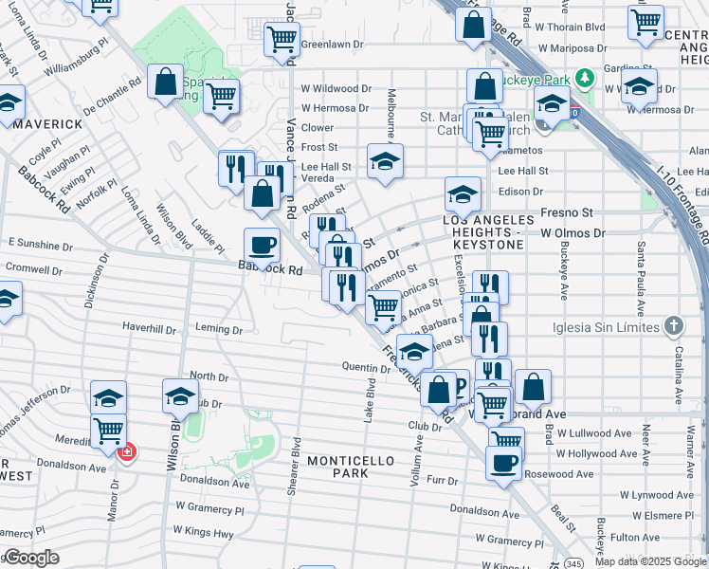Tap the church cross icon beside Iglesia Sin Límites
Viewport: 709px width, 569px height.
coord(673,326)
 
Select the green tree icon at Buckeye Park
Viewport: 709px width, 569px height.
coord(586,75)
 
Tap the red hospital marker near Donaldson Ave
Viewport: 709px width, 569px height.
coord(124,453)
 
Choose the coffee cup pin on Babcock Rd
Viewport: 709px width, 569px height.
coord(263,246)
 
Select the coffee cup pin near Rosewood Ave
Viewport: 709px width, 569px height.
coord(503,463)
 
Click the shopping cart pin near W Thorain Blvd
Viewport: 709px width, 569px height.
coord(645,19)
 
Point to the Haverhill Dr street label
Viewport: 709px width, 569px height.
coord(149,329)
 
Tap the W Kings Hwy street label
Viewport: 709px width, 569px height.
coord(203,535)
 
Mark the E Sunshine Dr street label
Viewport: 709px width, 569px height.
coord(40,244)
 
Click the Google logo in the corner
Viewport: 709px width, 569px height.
coord(30,558)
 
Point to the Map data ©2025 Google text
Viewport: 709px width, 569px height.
coord(651,561)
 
